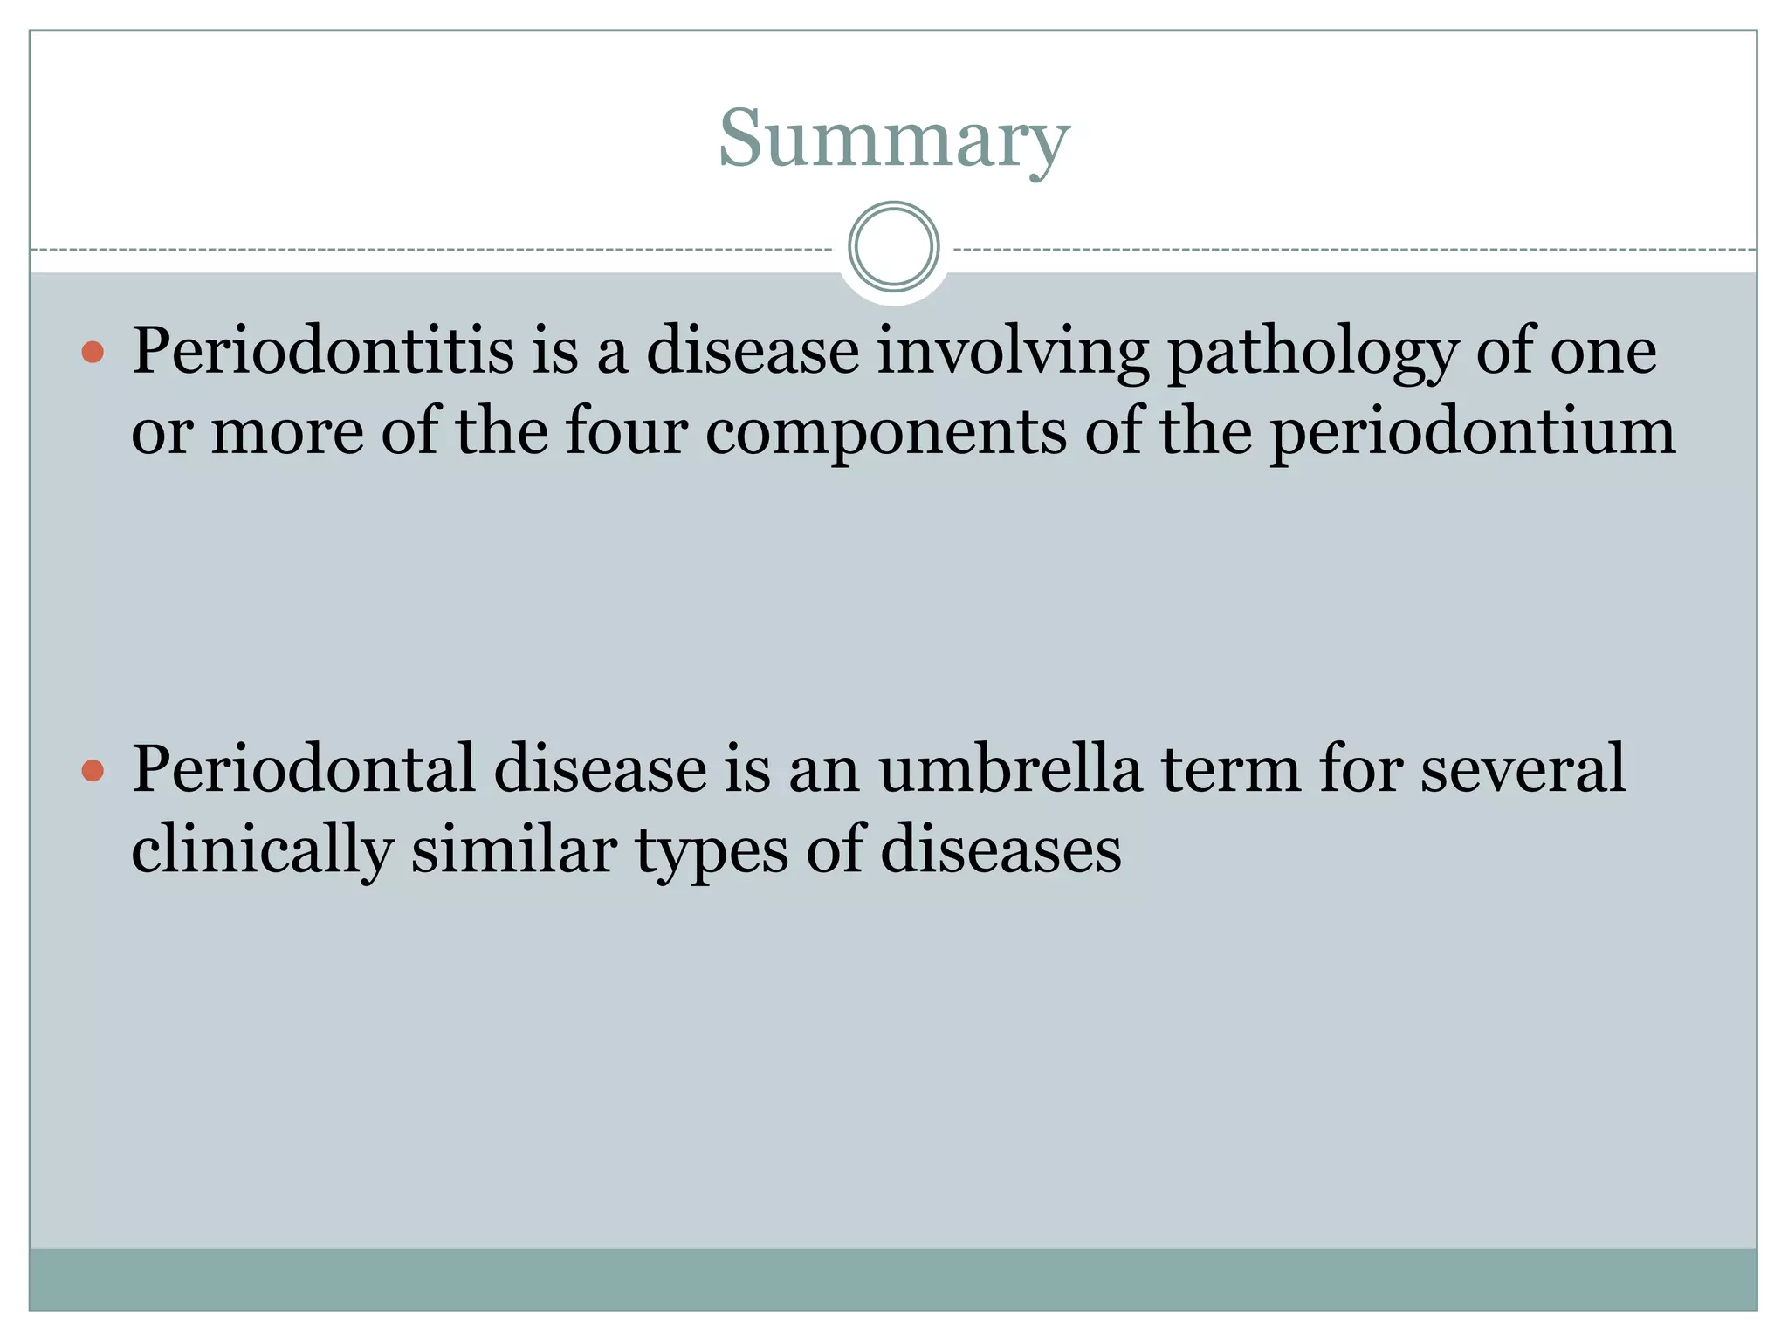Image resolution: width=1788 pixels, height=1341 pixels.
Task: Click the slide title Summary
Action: (893, 140)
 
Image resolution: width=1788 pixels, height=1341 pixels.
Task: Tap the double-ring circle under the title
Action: (893, 247)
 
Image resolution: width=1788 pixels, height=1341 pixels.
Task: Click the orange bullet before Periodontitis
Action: (93, 353)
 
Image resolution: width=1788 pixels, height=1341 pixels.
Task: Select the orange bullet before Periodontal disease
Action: (93, 771)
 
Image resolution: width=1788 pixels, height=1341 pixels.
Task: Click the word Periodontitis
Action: (323, 351)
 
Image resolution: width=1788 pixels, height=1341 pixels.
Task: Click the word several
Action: (1523, 769)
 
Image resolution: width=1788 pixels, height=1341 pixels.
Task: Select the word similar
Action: (514, 849)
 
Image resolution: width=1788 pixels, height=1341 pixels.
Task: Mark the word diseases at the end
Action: (1001, 849)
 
